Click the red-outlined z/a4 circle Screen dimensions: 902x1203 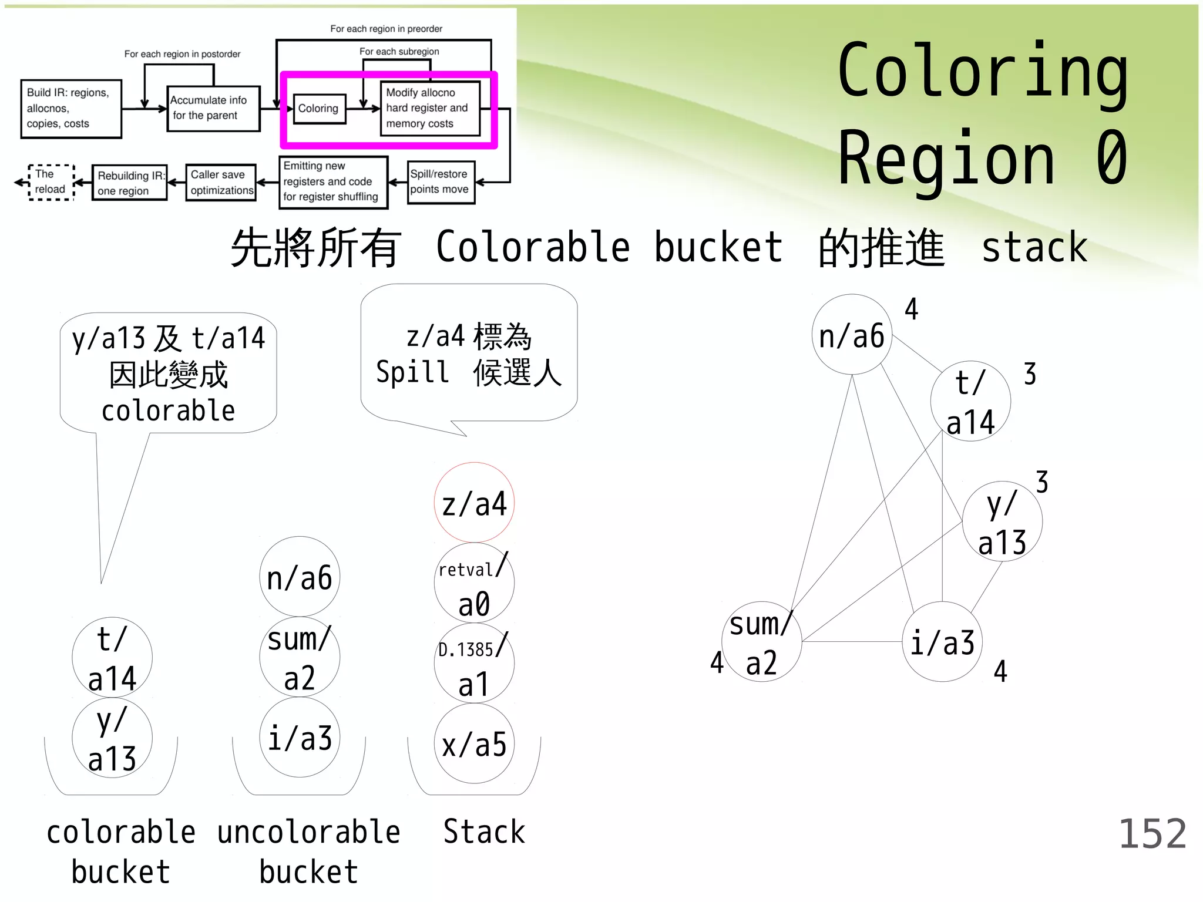click(474, 503)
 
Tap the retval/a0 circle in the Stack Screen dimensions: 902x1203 click(474, 583)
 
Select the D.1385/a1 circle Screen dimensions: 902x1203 click(474, 664)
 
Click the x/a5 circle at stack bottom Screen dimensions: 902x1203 click(474, 744)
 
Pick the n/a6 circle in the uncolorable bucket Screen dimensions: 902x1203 click(300, 577)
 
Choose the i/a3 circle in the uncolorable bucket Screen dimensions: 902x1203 click(300, 738)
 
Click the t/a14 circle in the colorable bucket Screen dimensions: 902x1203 click(112, 657)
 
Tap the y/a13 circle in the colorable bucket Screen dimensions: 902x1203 click(112, 738)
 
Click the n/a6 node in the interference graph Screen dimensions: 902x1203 click(852, 335)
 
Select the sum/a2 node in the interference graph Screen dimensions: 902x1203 click(761, 641)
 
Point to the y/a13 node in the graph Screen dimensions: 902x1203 click(1002, 521)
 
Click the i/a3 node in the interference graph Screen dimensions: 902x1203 click(942, 642)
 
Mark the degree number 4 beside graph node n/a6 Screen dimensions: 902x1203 click(911, 309)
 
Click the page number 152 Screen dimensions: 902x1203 click(1152, 833)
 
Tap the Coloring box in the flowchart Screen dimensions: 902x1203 click(319, 108)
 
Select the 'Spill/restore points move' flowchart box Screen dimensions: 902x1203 click(441, 182)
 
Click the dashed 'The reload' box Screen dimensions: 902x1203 click(51, 182)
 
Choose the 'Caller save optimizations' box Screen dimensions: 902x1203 click(221, 183)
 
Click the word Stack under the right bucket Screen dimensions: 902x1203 click(484, 832)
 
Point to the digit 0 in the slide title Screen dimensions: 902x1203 click(1111, 157)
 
